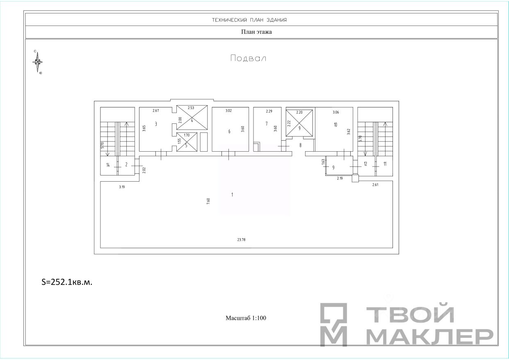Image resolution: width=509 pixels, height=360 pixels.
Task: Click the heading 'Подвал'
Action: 248,58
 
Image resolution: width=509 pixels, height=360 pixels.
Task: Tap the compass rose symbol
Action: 37,62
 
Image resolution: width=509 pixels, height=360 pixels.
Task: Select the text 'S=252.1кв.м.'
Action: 67,282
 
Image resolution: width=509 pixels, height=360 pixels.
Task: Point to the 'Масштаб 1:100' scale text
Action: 246,318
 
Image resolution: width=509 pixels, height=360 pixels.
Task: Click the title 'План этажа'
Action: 256,32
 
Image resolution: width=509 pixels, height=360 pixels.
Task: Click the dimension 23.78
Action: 241,239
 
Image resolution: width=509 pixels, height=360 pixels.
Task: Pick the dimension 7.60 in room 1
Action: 208,201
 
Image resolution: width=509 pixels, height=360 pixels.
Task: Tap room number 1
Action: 232,195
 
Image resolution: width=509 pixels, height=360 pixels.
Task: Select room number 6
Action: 229,131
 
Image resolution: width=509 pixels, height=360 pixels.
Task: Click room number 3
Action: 156,124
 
